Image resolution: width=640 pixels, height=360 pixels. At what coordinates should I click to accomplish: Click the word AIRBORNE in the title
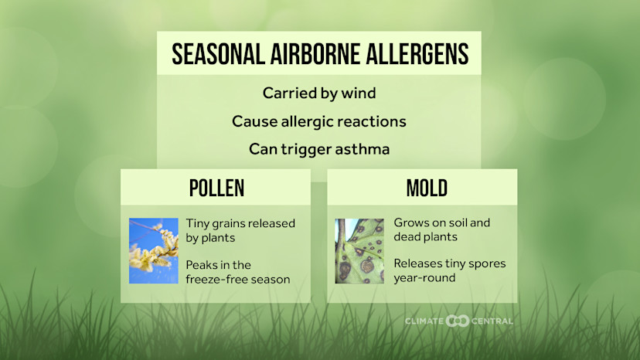click(299, 54)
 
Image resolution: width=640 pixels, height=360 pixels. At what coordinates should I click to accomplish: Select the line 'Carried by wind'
click(319, 93)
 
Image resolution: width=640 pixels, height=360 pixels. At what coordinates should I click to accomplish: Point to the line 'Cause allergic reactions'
click(319, 121)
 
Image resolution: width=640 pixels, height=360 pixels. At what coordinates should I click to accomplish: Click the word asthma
click(363, 149)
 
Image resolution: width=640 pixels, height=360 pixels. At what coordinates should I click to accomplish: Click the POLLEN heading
click(216, 188)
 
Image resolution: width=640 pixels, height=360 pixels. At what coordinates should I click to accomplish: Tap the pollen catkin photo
click(154, 250)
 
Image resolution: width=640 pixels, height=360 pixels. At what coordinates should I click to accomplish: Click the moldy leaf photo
click(359, 250)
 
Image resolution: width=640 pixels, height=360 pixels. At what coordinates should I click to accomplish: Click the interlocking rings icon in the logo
click(458, 321)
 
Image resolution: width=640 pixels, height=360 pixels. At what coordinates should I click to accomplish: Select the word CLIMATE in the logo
click(424, 321)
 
